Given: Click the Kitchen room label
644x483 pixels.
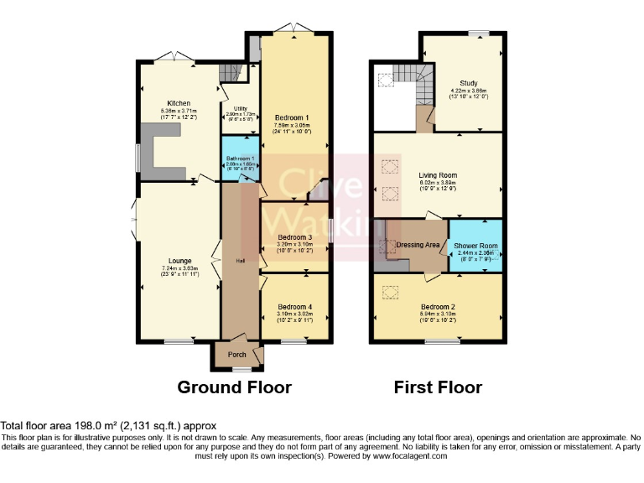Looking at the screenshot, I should pyautogui.click(x=179, y=104).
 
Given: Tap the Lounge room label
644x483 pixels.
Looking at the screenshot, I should pyautogui.click(x=179, y=261).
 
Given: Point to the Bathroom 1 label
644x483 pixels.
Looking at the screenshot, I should pyautogui.click(x=238, y=158).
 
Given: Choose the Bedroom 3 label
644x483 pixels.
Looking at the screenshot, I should pyautogui.click(x=294, y=237).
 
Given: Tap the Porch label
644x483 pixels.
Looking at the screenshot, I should pyautogui.click(x=236, y=355).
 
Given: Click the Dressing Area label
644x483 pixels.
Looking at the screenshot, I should pyautogui.click(x=418, y=245).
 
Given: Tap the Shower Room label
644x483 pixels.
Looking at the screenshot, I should pyautogui.click(x=475, y=247).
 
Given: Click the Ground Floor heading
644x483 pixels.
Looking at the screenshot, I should pyautogui.click(x=234, y=387).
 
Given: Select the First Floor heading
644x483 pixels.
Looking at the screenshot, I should pyautogui.click(x=438, y=387).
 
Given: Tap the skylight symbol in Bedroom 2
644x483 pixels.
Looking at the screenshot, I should pyautogui.click(x=389, y=292).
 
